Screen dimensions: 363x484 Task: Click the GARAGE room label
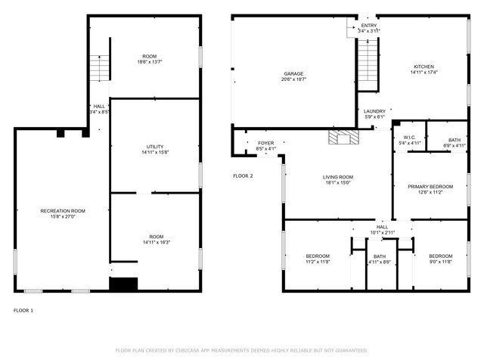click(x=293, y=74)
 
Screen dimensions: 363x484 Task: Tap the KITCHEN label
click(x=423, y=67)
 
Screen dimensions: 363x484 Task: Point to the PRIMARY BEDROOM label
click(x=430, y=187)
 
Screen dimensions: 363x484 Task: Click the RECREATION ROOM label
click(x=63, y=211)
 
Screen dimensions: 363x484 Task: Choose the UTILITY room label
click(x=155, y=147)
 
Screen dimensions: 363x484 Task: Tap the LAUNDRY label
click(x=374, y=111)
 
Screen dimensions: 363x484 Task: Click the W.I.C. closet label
click(x=409, y=138)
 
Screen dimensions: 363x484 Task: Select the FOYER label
click(x=265, y=143)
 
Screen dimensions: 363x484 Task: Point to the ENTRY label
click(x=368, y=26)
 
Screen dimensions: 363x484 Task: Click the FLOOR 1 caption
click(x=23, y=310)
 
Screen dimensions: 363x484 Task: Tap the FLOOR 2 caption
click(x=243, y=175)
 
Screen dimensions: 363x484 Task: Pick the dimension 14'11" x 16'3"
click(x=156, y=243)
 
